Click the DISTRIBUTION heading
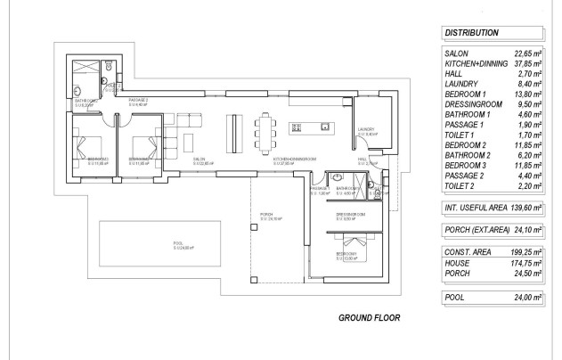pyautogui.click(x=471, y=32)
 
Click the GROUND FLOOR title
pyautogui.click(x=370, y=317)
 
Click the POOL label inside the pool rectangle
pyautogui.click(x=178, y=242)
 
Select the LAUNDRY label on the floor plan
pyautogui.click(x=366, y=129)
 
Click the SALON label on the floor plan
pyautogui.click(x=200, y=160)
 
